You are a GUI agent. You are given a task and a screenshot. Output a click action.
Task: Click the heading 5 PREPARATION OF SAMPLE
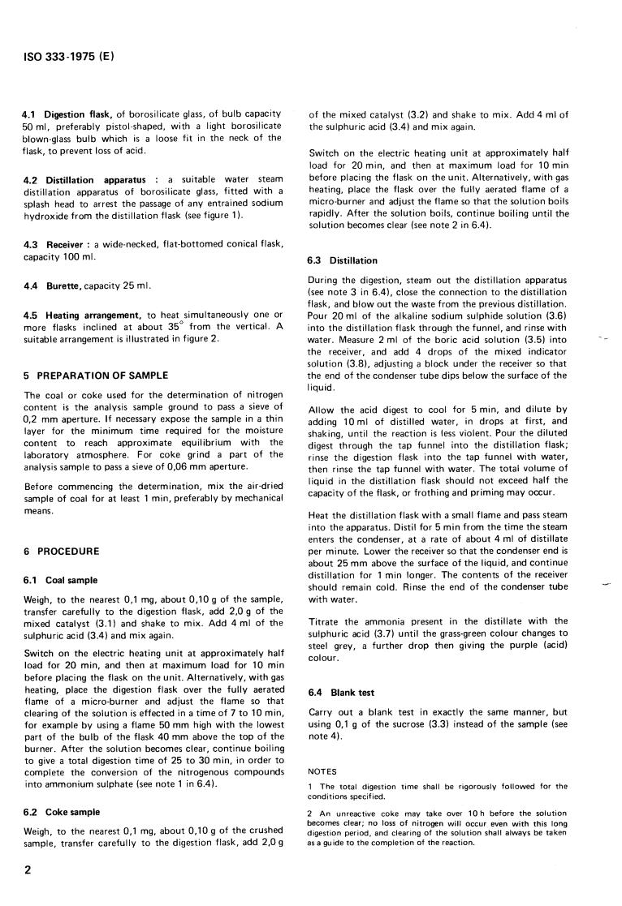click(x=96, y=375)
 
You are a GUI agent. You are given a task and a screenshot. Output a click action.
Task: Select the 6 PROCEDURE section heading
click(x=62, y=551)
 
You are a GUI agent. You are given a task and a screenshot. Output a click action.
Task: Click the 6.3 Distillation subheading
click(x=342, y=260)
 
